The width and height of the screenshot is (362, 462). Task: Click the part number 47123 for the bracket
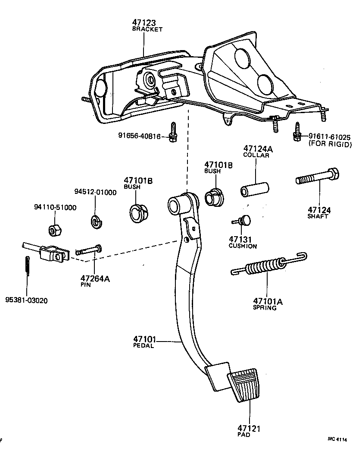pyautogui.click(x=144, y=23)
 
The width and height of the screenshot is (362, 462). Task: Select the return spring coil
pyautogui.click(x=265, y=265)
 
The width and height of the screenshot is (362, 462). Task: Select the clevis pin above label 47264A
pyautogui.click(x=89, y=250)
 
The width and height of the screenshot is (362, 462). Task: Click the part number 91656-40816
pyautogui.click(x=139, y=136)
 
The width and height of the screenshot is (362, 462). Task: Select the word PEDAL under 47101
pyautogui.click(x=143, y=345)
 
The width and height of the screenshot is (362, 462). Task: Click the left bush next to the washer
pyautogui.click(x=139, y=212)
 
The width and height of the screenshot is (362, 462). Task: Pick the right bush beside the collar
pyautogui.click(x=212, y=197)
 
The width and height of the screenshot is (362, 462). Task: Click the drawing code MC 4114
pyautogui.click(x=338, y=439)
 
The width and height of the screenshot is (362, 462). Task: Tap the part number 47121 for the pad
pyautogui.click(x=249, y=428)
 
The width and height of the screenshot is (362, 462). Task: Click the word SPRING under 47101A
pyautogui.click(x=265, y=308)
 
